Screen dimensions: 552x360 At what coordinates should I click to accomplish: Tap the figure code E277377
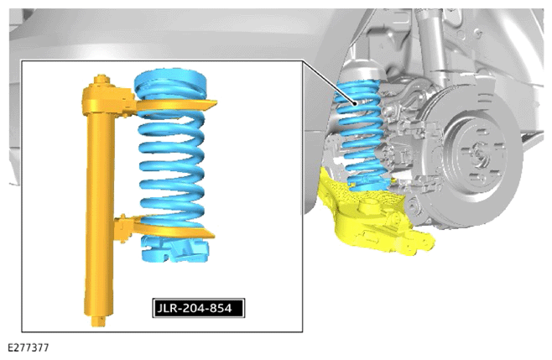(29, 348)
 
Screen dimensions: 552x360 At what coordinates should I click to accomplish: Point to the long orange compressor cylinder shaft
(100, 211)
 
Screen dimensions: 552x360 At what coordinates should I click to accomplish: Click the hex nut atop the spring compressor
(101, 79)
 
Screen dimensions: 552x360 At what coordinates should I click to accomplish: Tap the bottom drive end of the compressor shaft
(99, 321)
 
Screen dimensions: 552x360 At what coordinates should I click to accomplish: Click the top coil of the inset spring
(170, 81)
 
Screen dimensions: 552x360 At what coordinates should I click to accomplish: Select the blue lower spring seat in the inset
(175, 250)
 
